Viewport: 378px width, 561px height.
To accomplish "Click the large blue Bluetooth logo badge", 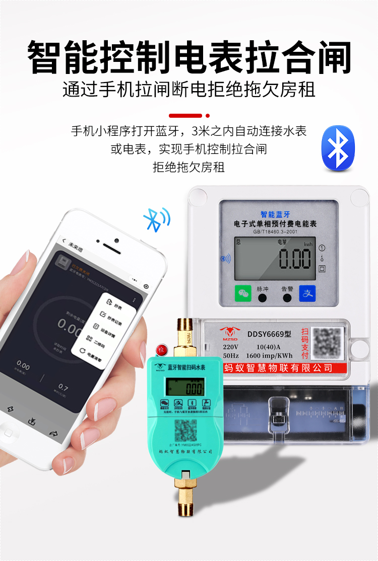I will coord(338,149).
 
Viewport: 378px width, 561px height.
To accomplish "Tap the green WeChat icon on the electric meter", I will coord(243,293).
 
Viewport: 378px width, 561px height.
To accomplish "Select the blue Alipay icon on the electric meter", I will coord(307,293).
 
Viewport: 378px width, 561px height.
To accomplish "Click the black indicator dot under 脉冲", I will coord(263,298).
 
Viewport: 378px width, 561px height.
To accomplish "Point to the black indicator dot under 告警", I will coord(287,298).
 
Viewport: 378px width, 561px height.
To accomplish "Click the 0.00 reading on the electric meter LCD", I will coord(295,261).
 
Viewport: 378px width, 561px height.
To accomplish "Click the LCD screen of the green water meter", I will coord(185,387).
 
